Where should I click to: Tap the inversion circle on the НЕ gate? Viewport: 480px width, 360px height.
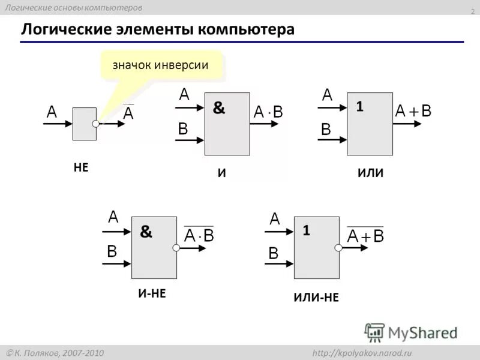(96, 124)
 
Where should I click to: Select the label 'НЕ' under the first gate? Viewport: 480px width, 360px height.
(81, 168)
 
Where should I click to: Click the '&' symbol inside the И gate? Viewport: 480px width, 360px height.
(219, 109)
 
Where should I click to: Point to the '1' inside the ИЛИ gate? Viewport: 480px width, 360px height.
(359, 107)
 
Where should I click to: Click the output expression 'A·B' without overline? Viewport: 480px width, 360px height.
(268, 112)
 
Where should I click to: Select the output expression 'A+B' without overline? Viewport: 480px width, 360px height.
(413, 111)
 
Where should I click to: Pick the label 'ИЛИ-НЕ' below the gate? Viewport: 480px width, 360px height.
(316, 296)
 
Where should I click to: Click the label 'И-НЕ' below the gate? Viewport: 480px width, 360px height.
(151, 293)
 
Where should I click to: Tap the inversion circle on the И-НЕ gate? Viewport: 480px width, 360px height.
(176, 247)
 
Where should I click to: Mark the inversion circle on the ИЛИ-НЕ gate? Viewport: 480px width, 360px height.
(338, 247)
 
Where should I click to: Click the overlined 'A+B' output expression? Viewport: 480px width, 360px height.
(365, 235)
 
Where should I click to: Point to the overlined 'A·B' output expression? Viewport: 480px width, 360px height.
(199, 235)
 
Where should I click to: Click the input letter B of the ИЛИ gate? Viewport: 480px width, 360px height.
(326, 129)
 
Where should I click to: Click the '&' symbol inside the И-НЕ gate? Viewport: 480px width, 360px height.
(146, 232)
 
